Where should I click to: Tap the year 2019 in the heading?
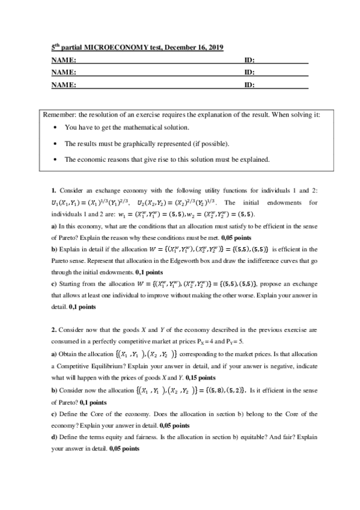pyautogui.click(x=213, y=48)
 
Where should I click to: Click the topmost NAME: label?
pyautogui.click(x=63, y=61)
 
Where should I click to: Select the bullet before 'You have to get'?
pyautogui.click(x=55, y=128)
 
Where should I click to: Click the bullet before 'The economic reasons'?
pyautogui.click(x=55, y=160)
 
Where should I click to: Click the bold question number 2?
pyautogui.click(x=53, y=330)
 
